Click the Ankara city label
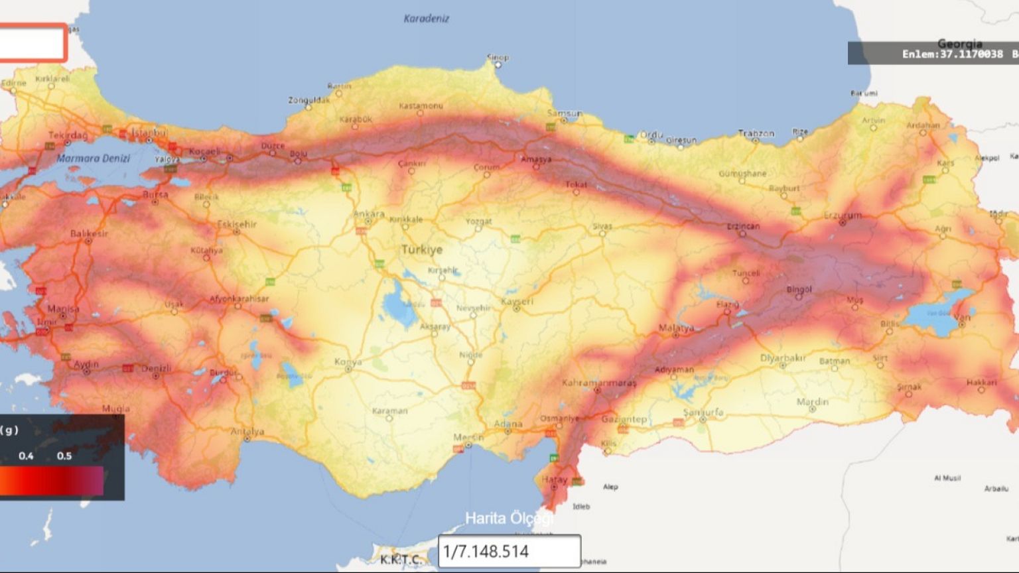(x=369, y=214)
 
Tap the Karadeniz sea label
(x=426, y=19)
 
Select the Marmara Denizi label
(x=93, y=159)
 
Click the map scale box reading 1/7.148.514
(x=509, y=551)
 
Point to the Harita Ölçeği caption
(x=509, y=518)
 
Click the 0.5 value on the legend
(x=64, y=456)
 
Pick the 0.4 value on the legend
(x=26, y=456)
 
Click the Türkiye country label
(x=421, y=250)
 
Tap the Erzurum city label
(x=843, y=216)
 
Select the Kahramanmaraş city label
(x=598, y=383)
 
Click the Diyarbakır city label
(x=783, y=358)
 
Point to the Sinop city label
(x=498, y=58)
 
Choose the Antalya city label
(x=247, y=432)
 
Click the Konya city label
(x=348, y=361)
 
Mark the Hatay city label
(x=554, y=479)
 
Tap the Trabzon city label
(x=756, y=133)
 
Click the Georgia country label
(x=959, y=44)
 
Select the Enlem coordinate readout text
(x=952, y=54)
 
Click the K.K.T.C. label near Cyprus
(x=400, y=560)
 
